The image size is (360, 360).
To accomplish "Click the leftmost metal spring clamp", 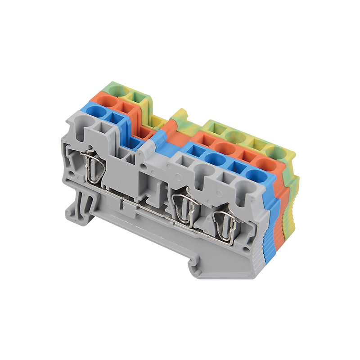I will tap(95, 166).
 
